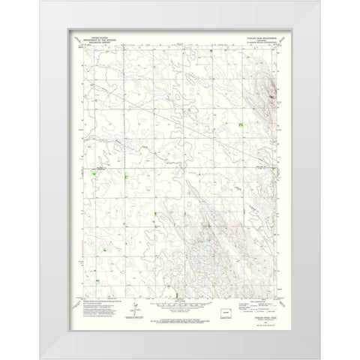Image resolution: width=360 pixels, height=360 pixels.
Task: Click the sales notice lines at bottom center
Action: pyautogui.click(x=180, y=319)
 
